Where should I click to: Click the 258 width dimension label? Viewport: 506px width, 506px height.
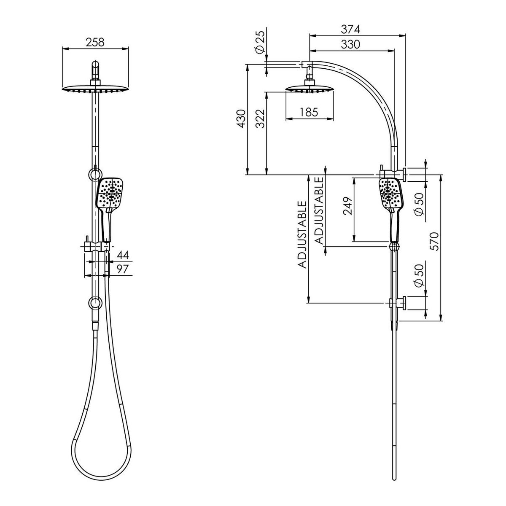95,42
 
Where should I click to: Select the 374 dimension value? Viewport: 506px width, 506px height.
350,30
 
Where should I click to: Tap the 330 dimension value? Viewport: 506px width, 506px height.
350,45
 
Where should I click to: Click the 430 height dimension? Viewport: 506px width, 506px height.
241,119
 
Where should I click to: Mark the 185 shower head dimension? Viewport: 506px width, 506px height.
309,112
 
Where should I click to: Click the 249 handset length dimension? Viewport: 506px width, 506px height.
347,206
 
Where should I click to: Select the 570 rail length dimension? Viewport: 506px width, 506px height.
434,241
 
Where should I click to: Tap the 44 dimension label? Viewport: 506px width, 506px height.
123,255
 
